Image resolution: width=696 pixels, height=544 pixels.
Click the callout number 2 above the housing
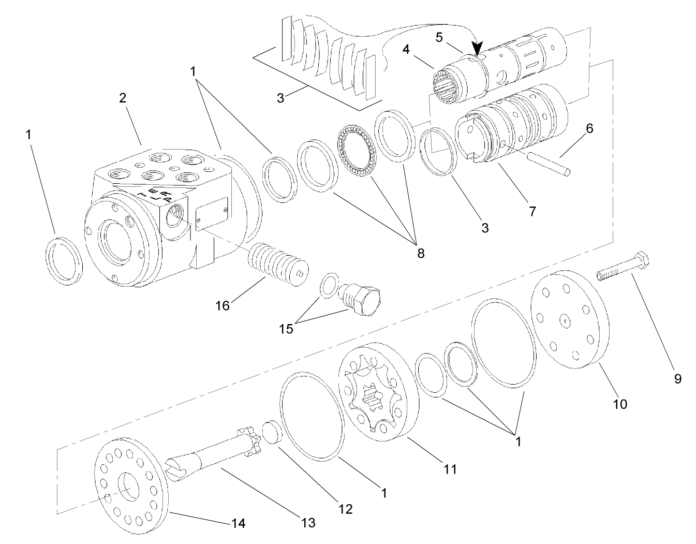click(123, 98)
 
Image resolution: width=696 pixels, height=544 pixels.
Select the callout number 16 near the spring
click(223, 305)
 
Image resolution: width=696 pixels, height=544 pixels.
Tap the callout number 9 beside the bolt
click(677, 379)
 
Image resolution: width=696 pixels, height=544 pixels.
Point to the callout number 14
click(239, 523)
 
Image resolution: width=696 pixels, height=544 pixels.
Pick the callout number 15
click(286, 328)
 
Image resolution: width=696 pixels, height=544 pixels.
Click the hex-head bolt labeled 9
click(623, 265)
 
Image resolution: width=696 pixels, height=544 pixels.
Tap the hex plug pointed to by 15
click(362, 299)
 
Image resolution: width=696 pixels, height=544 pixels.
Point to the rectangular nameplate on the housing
click(212, 212)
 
